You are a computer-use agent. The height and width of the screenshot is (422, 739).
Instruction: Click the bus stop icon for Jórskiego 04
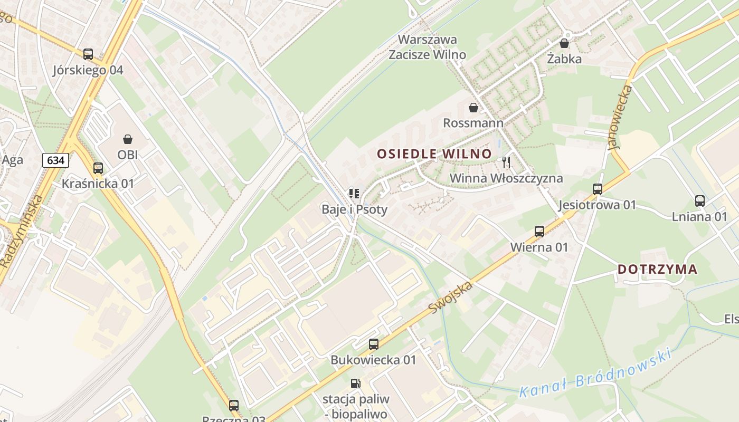88,54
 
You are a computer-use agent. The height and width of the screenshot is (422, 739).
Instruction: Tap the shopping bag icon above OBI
128,139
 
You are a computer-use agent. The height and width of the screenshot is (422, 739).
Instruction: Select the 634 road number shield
56,160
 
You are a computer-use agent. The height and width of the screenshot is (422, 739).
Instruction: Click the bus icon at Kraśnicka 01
98,168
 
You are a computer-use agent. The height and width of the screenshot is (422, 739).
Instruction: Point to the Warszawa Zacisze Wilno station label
428,47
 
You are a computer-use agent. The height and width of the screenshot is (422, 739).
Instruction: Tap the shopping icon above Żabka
564,43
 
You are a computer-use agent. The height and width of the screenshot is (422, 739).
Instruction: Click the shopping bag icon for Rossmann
473,108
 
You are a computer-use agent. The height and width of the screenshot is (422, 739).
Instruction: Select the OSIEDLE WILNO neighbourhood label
434,154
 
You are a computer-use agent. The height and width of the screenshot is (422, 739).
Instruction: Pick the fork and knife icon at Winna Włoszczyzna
506,162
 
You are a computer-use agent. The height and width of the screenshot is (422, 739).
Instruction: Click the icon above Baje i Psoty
354,194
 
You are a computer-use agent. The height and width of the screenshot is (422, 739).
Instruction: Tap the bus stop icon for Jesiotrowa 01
598,189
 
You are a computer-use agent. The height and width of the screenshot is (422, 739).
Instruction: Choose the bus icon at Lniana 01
700,201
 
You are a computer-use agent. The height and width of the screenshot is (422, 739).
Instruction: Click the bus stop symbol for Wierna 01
539,232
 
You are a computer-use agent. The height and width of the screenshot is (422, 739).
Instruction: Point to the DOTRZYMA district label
657,270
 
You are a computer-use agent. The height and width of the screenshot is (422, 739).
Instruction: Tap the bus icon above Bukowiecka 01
374,344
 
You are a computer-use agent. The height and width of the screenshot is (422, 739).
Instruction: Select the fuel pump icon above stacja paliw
356,383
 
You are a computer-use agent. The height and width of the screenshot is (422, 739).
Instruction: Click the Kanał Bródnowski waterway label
595,373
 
